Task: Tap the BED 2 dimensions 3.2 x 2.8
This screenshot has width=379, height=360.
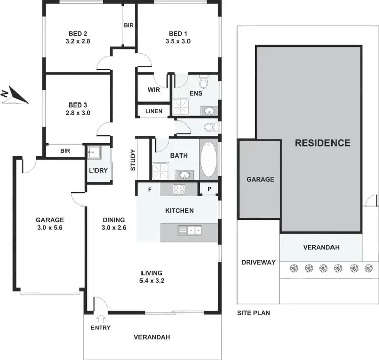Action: click(77, 42)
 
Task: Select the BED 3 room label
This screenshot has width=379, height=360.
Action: click(77, 105)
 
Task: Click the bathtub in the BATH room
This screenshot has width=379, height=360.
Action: click(208, 159)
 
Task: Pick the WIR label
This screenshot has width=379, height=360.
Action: click(154, 90)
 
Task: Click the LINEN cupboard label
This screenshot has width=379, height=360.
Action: click(154, 111)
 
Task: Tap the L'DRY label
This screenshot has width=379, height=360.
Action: click(98, 170)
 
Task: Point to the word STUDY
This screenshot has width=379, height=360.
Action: click(133, 160)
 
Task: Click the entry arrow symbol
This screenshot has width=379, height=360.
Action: click(100, 318)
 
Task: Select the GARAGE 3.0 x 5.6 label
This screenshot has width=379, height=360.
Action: click(50, 223)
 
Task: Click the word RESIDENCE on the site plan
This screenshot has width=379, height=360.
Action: click(322, 143)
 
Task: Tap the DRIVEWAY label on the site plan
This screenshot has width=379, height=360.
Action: click(258, 262)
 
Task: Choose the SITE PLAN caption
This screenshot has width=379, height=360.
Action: click(253, 313)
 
